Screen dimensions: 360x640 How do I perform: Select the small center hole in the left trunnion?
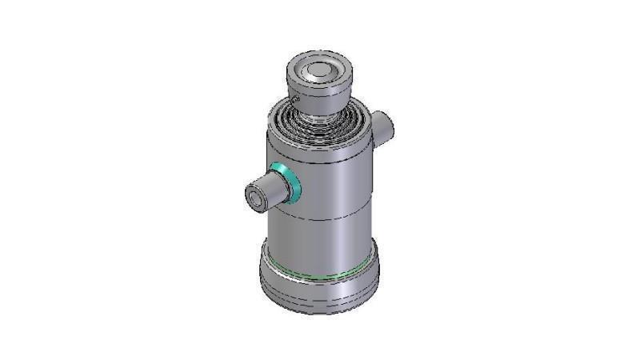tap(255, 197)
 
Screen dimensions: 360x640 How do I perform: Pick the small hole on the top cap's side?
tap(295, 99)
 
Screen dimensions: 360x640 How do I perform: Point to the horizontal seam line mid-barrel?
tap(320, 218)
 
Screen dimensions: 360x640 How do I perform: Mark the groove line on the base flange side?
tap(320, 300)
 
